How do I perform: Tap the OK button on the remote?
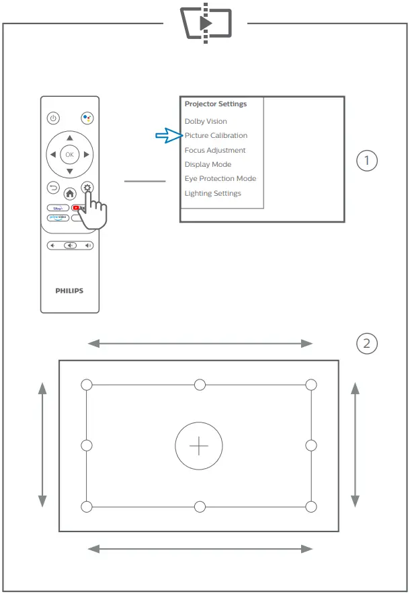pos(69,154)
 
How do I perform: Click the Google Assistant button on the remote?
pos(87,118)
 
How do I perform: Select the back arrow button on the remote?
pos(53,188)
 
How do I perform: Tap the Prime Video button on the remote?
pos(57,218)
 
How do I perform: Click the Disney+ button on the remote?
pos(57,208)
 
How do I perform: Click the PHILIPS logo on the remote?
pos(69,291)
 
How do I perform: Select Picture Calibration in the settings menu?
pos(216,136)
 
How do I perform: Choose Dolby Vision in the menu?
pos(206,122)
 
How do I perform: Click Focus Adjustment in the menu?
pos(215,151)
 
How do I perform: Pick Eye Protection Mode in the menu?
pos(220,179)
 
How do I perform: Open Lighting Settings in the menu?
pos(212,194)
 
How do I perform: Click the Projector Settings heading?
pos(216,104)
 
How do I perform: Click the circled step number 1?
pos(366,161)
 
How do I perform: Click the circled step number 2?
pos(366,344)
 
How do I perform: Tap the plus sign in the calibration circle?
pos(199,446)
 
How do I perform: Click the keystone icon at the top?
pos(206,23)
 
